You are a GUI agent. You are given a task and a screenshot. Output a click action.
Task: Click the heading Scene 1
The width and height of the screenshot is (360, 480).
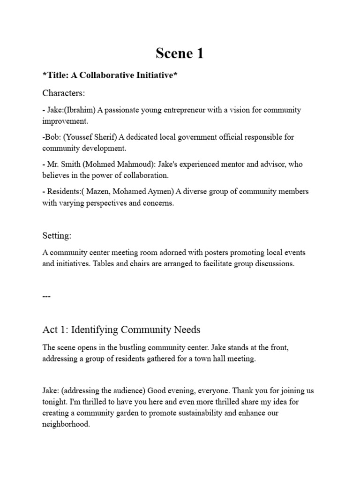point(180,54)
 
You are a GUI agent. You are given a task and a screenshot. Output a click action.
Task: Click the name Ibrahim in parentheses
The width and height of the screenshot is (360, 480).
point(82,110)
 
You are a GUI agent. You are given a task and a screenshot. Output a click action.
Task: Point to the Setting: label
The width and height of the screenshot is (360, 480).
point(57,235)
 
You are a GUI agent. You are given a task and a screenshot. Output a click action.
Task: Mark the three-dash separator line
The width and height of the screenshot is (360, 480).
point(46,296)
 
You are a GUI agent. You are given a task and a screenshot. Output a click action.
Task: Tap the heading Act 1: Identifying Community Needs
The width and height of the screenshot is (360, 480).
point(121,330)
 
